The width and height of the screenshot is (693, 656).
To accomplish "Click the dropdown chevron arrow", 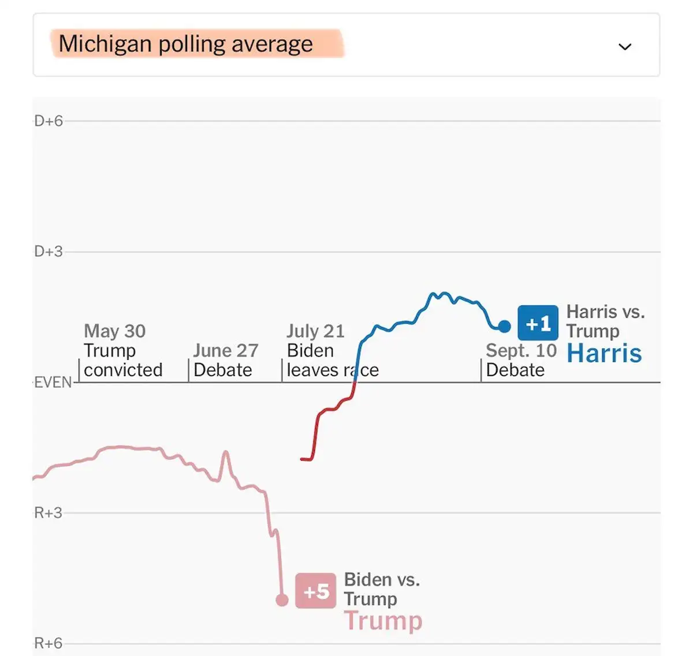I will click(x=625, y=47).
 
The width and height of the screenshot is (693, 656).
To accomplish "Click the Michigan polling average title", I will click(x=185, y=44).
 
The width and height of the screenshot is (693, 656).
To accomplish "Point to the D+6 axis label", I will click(x=49, y=121).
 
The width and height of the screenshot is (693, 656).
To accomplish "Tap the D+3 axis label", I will click(x=49, y=252).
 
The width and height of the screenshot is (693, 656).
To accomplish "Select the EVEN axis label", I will click(x=53, y=383).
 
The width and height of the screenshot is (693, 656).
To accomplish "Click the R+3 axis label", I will click(x=49, y=513).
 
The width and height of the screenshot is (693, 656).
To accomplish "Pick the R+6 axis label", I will click(x=49, y=643).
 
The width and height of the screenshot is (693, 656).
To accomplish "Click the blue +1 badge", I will click(x=538, y=323).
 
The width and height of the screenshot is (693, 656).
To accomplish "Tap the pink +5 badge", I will click(x=315, y=591).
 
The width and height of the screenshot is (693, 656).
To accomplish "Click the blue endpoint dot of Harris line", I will click(x=504, y=327).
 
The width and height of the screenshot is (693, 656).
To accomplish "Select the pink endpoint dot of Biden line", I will click(x=282, y=601).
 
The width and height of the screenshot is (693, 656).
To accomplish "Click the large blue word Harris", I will click(x=604, y=353).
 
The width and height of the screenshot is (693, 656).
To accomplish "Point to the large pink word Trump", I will click(x=383, y=621).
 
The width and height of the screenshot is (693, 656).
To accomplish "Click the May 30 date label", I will click(x=114, y=331).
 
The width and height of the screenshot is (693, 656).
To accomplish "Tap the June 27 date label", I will click(x=225, y=351).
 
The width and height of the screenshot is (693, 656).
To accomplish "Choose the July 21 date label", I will click(x=315, y=331).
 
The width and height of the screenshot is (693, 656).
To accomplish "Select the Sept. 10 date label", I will click(x=521, y=351).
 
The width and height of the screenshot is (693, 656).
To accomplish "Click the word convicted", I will click(x=123, y=370).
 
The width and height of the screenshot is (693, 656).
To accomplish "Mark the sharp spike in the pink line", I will click(x=225, y=453).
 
